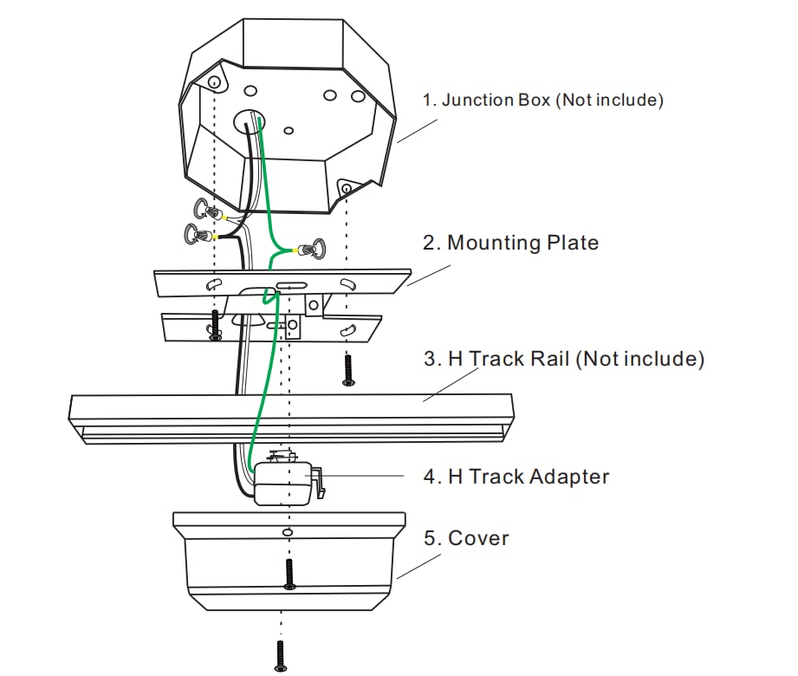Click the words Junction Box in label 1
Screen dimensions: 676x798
495,100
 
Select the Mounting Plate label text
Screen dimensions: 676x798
522,243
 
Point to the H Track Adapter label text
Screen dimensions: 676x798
528,476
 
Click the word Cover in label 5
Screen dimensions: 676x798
478,538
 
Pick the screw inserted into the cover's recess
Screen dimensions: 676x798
289,573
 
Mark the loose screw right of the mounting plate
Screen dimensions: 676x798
347,369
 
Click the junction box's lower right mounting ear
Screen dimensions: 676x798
346,188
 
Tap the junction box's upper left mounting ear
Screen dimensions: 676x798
212,83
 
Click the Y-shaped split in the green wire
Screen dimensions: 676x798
276,251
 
